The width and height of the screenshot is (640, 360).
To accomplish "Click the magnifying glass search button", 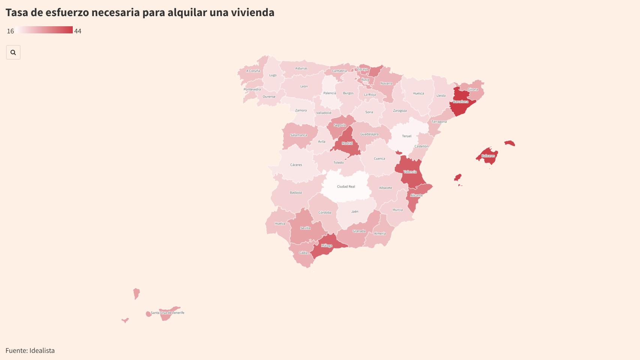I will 13,52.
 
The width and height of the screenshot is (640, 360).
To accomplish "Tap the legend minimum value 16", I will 11,31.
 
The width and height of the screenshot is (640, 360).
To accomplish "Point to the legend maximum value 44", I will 78,31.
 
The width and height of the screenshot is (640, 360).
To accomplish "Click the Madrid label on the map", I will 347,143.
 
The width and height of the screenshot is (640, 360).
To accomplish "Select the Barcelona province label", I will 461,102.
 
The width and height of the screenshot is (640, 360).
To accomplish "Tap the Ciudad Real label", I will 346,186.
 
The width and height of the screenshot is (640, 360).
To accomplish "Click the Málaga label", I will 327,246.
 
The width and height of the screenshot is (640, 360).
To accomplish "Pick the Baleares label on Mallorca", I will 488,156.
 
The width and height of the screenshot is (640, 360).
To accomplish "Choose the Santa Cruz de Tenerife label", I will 167,313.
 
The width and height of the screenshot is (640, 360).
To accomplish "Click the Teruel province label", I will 407,136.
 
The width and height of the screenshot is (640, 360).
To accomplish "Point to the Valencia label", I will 410,172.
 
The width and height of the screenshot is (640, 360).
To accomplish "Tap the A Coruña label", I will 253,71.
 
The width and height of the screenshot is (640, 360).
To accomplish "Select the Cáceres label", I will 296,165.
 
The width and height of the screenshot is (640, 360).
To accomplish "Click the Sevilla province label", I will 305,228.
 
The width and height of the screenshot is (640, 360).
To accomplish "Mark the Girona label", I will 473,89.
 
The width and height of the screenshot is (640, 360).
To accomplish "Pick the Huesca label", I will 418,93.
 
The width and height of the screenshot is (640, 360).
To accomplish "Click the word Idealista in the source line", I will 42,351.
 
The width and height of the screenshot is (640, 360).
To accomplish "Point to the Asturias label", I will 301,68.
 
